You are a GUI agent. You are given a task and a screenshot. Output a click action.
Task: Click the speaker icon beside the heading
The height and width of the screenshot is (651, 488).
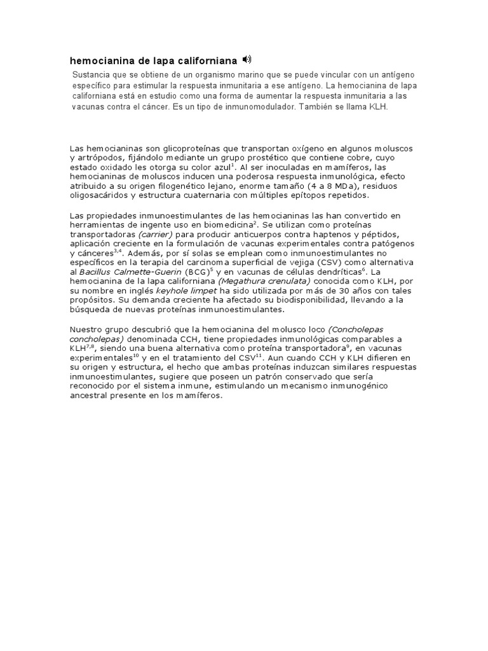tap(247, 60)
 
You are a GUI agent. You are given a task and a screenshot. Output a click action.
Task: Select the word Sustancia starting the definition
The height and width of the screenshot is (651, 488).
tap(93, 74)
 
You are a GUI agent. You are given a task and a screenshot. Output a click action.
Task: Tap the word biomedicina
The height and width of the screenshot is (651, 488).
tap(226, 224)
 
